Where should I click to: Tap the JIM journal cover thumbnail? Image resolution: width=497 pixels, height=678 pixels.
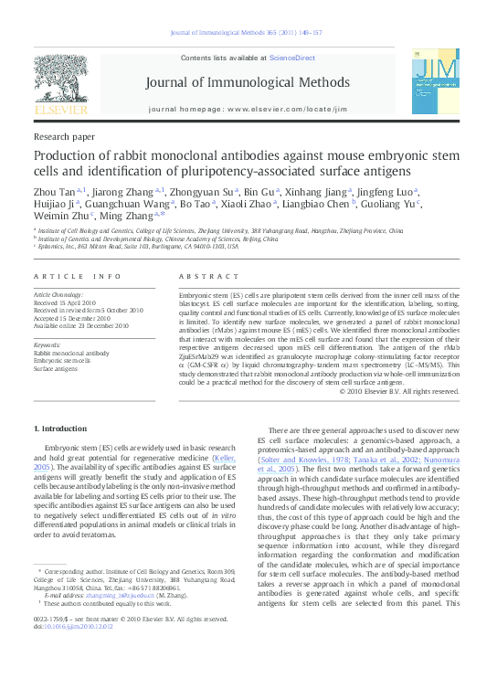tap(433, 81)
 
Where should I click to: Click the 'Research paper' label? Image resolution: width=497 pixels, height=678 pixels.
tap(63, 135)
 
